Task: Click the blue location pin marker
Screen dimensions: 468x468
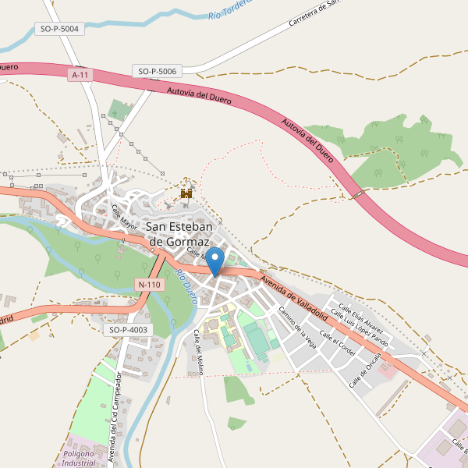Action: tap(216, 260)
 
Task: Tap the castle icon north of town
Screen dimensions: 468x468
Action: tap(186, 191)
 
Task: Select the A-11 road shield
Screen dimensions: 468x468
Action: tap(80, 75)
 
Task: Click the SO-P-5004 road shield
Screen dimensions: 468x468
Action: tap(58, 30)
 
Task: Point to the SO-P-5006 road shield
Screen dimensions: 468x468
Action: tap(158, 71)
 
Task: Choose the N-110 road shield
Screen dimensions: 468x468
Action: tap(148, 285)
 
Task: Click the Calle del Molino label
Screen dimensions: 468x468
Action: tap(199, 352)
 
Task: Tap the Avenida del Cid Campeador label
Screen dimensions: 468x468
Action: tap(115, 418)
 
